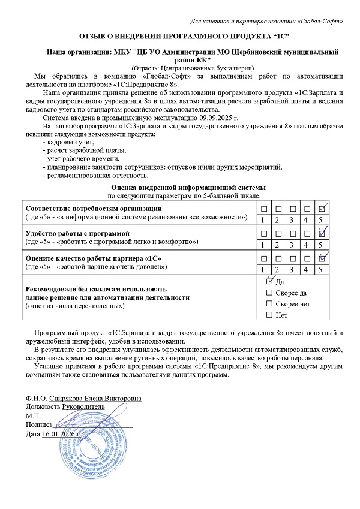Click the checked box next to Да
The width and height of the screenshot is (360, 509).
(x=269, y=281)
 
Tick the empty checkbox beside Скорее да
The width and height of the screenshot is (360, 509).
(x=269, y=292)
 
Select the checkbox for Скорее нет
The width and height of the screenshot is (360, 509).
(x=269, y=303)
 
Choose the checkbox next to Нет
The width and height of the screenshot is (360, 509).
(x=269, y=315)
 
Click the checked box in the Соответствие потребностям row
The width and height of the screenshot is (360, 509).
(x=322, y=209)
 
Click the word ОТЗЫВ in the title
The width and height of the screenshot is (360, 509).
(x=92, y=37)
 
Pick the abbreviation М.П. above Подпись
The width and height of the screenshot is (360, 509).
(x=34, y=415)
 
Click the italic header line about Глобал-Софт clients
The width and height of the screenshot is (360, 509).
(x=266, y=22)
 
